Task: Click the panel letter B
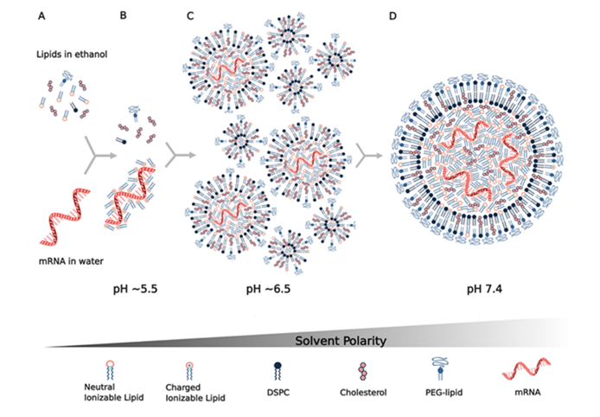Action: pyautogui.click(x=123, y=16)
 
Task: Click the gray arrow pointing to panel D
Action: pyautogui.click(x=372, y=154)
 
